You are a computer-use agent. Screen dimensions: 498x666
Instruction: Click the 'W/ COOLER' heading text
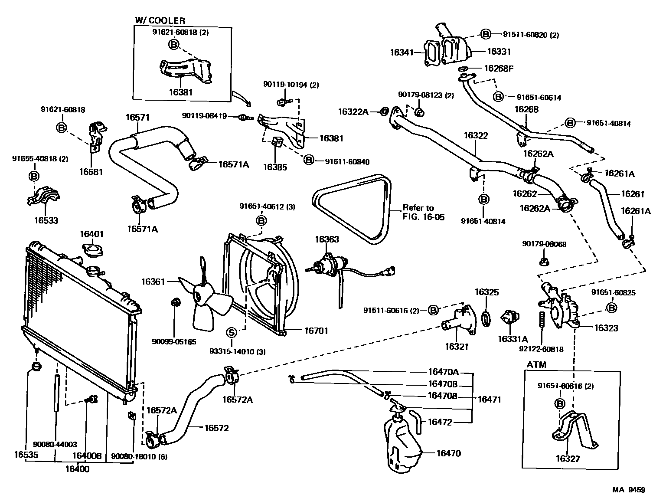(160, 20)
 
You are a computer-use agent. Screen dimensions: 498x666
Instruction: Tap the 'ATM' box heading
(536, 365)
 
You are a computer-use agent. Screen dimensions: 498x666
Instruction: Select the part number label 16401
(91, 234)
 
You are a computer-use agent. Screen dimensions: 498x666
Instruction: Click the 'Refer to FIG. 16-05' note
(423, 213)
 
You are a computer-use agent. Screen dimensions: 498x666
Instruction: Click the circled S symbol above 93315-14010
(232, 333)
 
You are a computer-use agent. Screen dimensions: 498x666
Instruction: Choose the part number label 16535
(26, 455)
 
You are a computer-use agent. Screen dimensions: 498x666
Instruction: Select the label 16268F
(498, 68)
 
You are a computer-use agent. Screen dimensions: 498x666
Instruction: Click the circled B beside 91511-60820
(486, 34)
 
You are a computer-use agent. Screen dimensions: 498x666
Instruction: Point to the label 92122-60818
(541, 349)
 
